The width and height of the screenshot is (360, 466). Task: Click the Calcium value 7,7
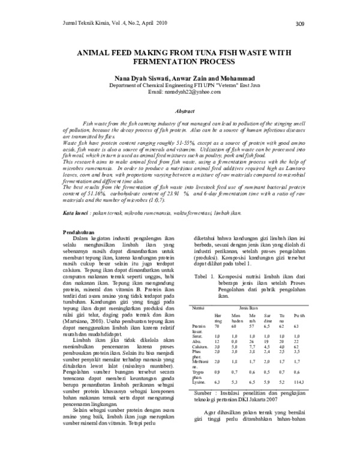coord(252,346)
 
